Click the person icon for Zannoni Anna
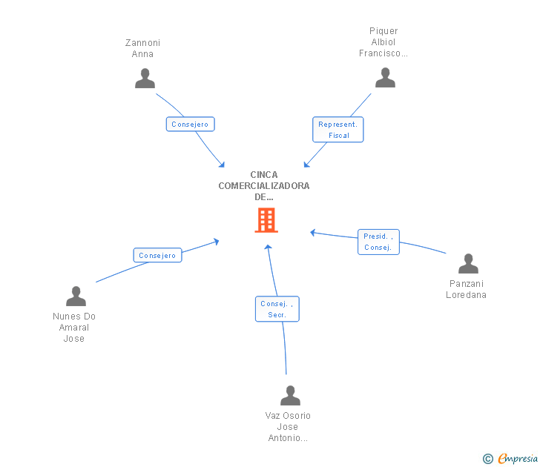point(145,79)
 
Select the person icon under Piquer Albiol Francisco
point(385,77)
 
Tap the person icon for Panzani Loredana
point(468,264)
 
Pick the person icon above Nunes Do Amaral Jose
point(76,297)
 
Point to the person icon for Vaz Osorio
point(290,395)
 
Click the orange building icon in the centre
point(266,220)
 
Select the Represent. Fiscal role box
point(337,130)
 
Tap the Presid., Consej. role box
point(378,242)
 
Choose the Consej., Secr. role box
point(277,309)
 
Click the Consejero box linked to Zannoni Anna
point(191,125)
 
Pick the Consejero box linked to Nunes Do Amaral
point(157,255)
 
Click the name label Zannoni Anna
point(142,48)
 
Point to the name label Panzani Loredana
point(466,289)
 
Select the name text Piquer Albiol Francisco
point(383,42)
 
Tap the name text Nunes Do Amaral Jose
point(74,328)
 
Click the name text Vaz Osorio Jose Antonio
point(288,427)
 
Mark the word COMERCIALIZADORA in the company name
point(264,186)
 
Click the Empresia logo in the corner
point(518,459)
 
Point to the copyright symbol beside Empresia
point(488,459)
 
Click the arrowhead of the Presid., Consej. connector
point(313,233)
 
